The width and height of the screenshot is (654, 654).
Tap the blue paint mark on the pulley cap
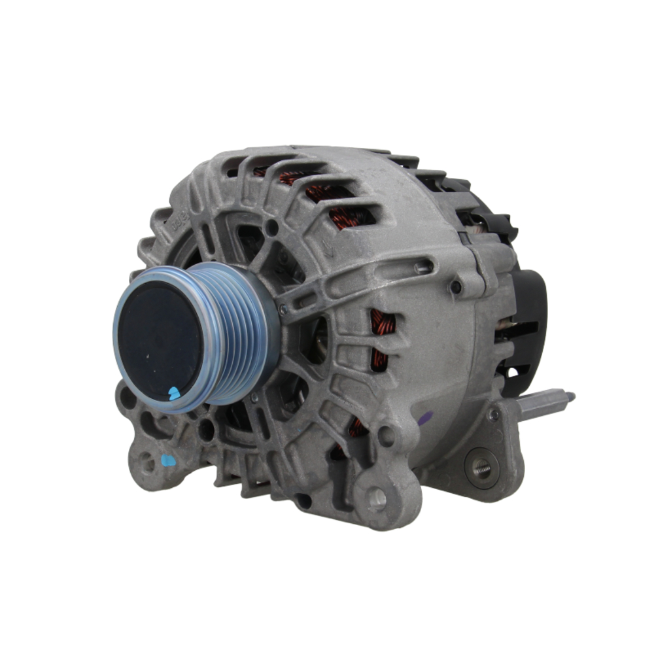[x=174, y=392]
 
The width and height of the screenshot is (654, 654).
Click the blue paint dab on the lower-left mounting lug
[x=169, y=460]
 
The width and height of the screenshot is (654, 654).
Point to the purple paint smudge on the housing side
[x=425, y=419]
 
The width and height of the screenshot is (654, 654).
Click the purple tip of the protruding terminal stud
[x=570, y=396]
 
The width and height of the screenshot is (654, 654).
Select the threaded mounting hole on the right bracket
[x=482, y=467]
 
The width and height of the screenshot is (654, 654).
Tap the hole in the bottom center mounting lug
[x=377, y=499]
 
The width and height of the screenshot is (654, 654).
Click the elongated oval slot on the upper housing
[x=424, y=266]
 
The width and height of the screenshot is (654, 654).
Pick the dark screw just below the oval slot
[x=456, y=286]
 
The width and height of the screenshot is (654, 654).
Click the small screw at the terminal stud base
[x=494, y=414]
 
